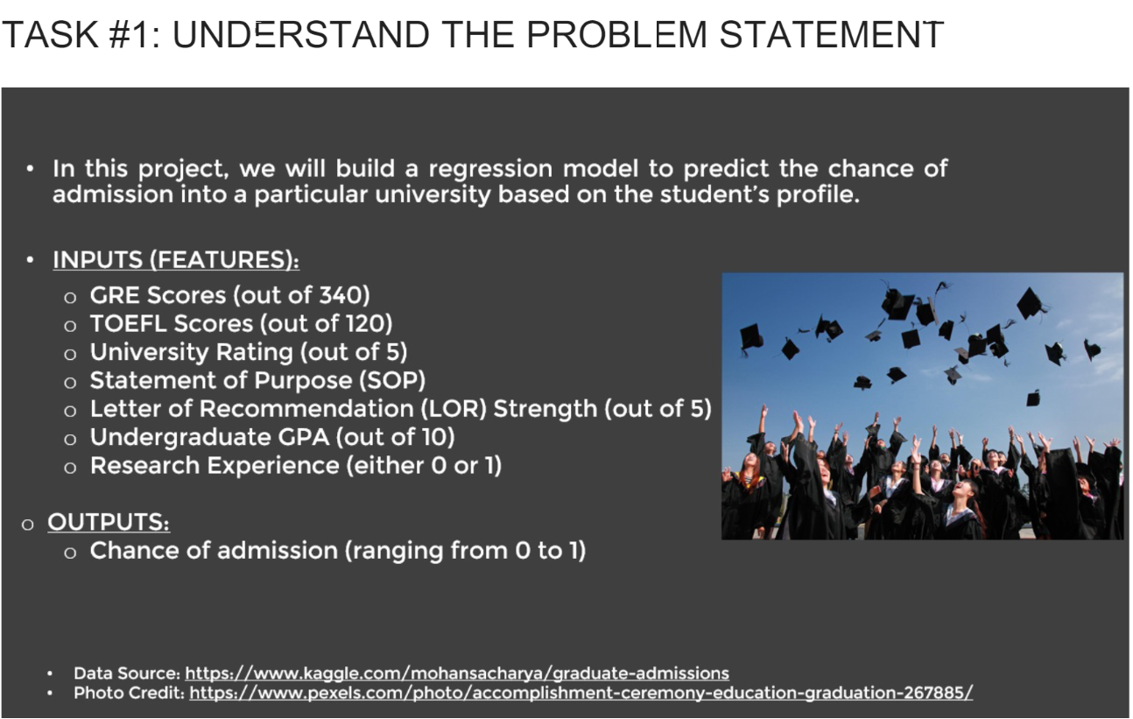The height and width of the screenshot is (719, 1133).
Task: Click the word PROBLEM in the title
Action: coord(616,35)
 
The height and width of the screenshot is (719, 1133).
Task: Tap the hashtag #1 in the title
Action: coord(129,35)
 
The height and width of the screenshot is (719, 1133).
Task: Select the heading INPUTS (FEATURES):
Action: coord(176,259)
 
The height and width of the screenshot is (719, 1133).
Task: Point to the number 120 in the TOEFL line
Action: coord(363,323)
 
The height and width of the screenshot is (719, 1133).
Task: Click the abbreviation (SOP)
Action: coord(392,380)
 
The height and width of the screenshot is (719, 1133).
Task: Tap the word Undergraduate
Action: coord(180,438)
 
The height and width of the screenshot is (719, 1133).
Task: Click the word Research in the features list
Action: coord(144,466)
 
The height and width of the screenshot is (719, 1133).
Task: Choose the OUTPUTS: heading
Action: coord(109,522)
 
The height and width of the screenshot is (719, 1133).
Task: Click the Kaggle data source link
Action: coord(457,673)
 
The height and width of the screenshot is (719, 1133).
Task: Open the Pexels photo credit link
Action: coord(581,693)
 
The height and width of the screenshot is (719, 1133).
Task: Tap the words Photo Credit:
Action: coord(130,693)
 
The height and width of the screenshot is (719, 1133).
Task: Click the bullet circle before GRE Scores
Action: coord(70,298)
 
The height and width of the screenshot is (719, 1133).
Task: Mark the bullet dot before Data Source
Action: coord(50,673)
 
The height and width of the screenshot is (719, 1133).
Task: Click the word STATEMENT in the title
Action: coord(832,35)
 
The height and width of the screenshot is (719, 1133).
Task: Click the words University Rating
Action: coord(192,352)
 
